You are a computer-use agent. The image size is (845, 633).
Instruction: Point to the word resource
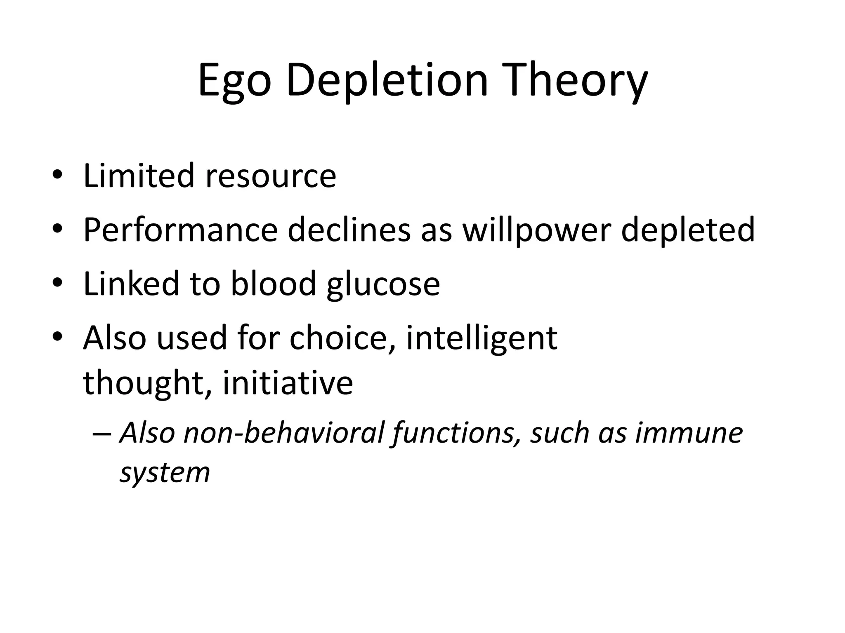pos(271,176)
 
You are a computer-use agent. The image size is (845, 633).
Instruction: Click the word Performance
pos(180,230)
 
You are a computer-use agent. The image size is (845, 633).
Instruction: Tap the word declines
pos(349,230)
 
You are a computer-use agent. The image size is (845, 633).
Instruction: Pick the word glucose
pos(383,284)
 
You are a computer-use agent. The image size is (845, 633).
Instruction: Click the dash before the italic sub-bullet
pos(101,434)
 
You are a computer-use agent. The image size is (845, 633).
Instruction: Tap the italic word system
pos(165,472)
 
